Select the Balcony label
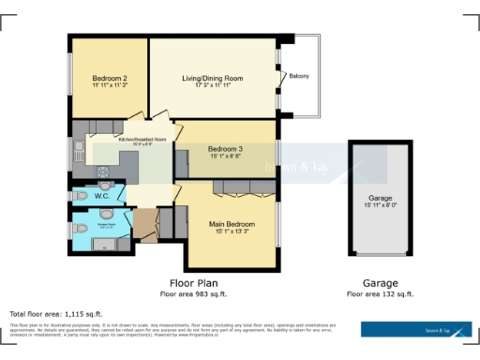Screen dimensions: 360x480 (x=299, y=76)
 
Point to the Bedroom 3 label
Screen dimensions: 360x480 (x=225, y=149)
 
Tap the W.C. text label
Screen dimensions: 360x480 (x=102, y=197)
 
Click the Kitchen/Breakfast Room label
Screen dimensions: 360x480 (x=142, y=139)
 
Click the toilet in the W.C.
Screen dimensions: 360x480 (x=82, y=197)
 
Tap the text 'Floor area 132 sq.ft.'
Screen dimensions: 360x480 (x=381, y=293)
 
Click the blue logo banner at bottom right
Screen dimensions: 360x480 (x=417, y=329)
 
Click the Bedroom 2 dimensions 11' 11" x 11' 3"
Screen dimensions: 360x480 (x=110, y=85)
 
